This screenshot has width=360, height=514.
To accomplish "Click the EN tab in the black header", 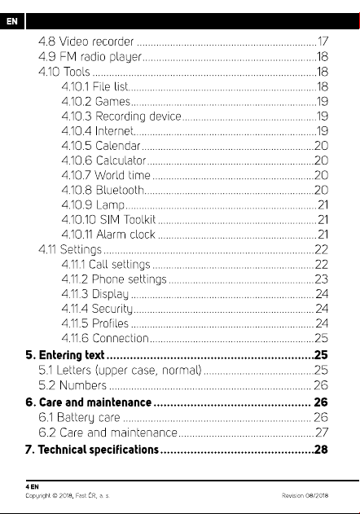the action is [x=11, y=21].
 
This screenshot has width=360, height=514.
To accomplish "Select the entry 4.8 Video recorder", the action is [x=86, y=42].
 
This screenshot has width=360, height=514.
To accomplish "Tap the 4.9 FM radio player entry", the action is [x=90, y=57].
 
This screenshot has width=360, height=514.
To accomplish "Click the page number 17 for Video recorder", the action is [x=323, y=42].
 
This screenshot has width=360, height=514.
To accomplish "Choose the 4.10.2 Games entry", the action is [x=96, y=101].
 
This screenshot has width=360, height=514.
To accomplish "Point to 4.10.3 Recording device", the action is [x=121, y=116].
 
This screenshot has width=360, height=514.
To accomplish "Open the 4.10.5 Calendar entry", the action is [x=101, y=146].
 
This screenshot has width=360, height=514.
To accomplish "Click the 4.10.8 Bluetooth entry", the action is [x=103, y=190].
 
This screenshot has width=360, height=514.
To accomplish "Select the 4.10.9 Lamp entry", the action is [x=93, y=205].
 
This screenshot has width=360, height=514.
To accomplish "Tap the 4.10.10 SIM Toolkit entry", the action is [x=108, y=219].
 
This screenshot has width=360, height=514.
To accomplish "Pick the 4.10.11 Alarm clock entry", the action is [x=108, y=235].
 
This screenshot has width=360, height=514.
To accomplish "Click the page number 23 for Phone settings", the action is [x=321, y=279].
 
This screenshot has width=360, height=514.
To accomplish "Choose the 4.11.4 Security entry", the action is [x=97, y=309].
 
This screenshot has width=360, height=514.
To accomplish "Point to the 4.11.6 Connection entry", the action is [x=105, y=338].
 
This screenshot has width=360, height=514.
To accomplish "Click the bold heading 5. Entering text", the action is [x=65, y=355].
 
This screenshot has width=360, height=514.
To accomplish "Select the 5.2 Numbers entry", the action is [x=72, y=385].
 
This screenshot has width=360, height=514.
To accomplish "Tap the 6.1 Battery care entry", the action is [x=79, y=417].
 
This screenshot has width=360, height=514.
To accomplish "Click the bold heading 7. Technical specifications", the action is [x=92, y=450].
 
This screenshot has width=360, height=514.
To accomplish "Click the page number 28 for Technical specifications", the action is [x=321, y=450].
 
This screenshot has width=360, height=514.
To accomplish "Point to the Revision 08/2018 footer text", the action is [x=305, y=495].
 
